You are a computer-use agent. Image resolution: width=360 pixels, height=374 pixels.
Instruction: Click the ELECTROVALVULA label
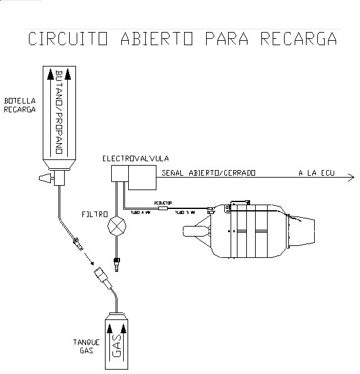pyautogui.click(x=136, y=158)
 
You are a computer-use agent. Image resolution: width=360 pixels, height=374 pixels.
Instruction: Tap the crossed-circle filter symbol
pyautogui.click(x=117, y=226)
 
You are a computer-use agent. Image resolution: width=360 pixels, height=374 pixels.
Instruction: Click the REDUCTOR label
pyautogui.click(x=162, y=203)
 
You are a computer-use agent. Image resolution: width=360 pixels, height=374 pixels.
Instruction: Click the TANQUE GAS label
pyautogui.click(x=86, y=346)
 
